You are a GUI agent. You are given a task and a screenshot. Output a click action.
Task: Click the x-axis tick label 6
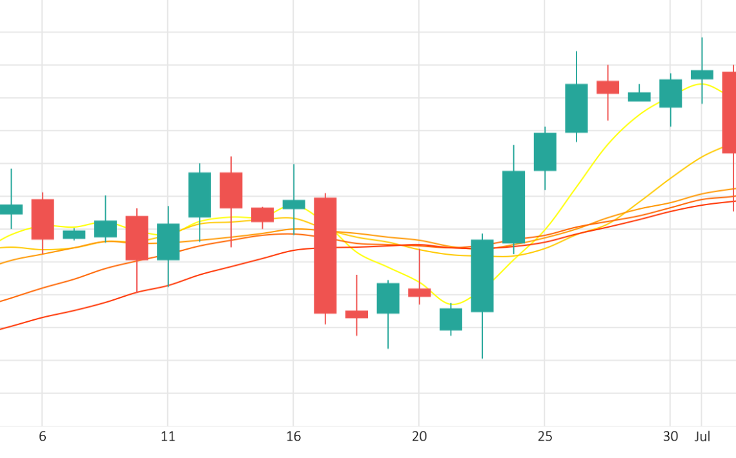click(43, 437)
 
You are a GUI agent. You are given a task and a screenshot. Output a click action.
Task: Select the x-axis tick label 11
click(168, 437)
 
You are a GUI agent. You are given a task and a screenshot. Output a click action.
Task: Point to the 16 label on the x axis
click(294, 437)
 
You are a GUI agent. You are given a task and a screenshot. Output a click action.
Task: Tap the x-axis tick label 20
click(419, 437)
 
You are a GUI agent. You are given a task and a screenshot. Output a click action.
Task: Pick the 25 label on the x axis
click(545, 437)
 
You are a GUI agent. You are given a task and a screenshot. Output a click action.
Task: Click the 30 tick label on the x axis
click(670, 437)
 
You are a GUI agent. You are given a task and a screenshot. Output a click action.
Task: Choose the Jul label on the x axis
click(702, 437)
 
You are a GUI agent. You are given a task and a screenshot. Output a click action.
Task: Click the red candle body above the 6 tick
click(43, 219)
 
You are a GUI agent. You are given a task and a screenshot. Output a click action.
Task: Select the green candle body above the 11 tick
click(169, 242)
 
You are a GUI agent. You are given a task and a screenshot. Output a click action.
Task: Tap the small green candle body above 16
click(294, 204)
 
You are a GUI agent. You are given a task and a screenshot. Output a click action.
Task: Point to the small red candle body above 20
click(420, 293)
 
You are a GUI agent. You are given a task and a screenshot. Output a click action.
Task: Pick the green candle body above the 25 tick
click(545, 152)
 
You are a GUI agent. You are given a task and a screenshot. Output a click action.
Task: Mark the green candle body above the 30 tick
click(670, 94)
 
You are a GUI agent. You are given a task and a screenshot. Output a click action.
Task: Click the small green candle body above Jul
click(702, 75)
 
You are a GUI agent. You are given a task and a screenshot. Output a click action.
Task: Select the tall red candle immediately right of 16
click(325, 255)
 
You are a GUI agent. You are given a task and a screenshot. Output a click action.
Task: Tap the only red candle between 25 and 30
click(608, 87)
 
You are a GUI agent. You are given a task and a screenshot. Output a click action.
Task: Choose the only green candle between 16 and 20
click(388, 298)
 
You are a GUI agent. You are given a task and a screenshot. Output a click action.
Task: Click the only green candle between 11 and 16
click(199, 195)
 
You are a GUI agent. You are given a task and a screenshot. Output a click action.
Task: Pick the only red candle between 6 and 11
click(137, 238)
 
